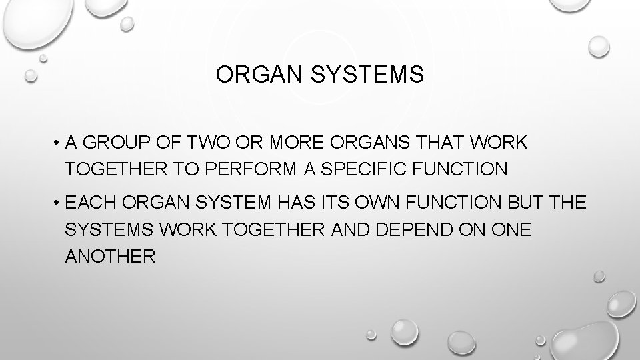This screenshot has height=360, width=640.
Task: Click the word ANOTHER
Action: click(111, 255)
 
